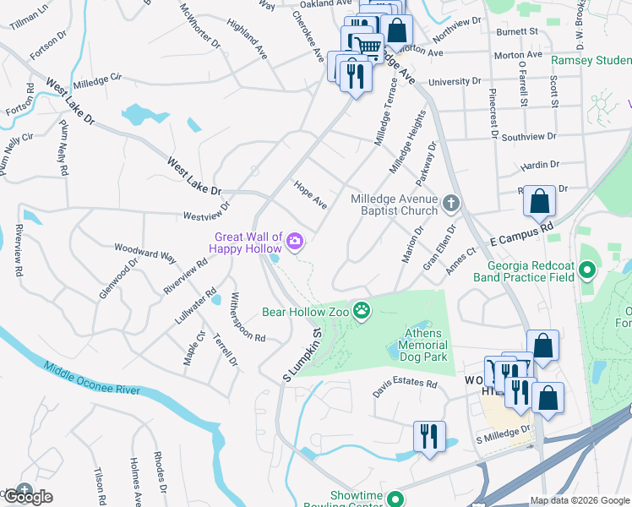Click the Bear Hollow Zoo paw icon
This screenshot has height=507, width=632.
click(362, 311)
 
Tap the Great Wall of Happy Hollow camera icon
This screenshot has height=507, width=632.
click(295, 242)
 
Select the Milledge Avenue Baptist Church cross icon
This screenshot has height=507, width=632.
click(452, 203)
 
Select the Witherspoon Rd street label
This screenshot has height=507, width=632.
click(247, 316)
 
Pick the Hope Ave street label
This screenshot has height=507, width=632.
click(310, 194)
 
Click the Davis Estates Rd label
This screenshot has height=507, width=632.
click(406, 388)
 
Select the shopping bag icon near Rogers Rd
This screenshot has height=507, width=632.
click(539, 202)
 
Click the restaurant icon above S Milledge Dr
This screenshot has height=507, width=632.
click(429, 437)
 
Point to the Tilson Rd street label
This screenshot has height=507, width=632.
click(100, 485)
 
